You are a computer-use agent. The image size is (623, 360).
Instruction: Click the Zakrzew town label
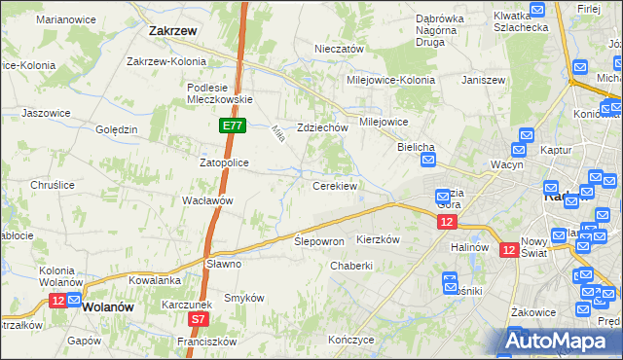(174, 30)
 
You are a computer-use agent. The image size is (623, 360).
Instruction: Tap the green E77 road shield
(232, 126)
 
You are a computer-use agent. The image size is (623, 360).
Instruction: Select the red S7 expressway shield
(198, 319)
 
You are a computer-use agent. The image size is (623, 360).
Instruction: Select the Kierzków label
(380, 239)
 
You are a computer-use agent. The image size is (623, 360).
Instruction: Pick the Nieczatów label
(339, 49)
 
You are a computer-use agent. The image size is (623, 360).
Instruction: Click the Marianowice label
(64, 18)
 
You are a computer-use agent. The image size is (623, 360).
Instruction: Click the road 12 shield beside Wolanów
(58, 302)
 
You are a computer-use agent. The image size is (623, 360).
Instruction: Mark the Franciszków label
(207, 342)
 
